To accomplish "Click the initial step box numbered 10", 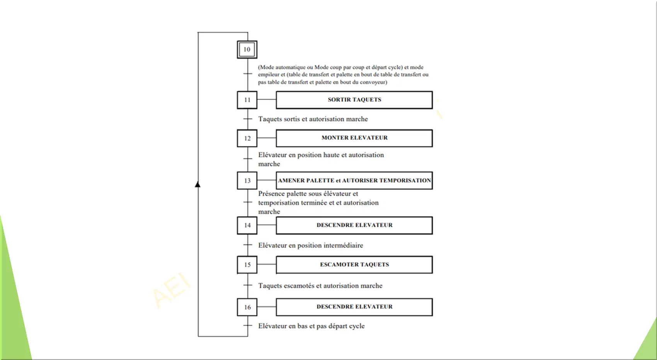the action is coord(247,49).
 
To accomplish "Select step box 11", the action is coord(247,100).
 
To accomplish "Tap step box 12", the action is coord(247,138).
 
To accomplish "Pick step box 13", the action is coord(247,181).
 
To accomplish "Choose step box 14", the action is coord(247,225).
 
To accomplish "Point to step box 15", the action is coord(247,264).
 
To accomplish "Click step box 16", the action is coord(247,307).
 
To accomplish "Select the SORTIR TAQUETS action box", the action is coord(354,100).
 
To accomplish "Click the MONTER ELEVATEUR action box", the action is coord(354,138).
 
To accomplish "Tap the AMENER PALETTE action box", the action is coord(354,181).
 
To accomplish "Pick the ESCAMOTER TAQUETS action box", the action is coord(354,264).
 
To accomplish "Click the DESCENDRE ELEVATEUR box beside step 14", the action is coord(354,225).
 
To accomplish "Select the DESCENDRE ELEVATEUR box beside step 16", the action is coord(354,307).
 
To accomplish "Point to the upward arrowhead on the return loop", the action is coord(198,184).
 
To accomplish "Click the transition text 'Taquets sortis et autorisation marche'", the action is coord(313,119).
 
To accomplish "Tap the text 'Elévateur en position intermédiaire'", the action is coord(311,245).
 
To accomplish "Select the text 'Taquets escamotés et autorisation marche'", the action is coord(320,286).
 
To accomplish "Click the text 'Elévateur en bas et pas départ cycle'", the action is coord(311,326).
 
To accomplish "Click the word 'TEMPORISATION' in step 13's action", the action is coord(405,181).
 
